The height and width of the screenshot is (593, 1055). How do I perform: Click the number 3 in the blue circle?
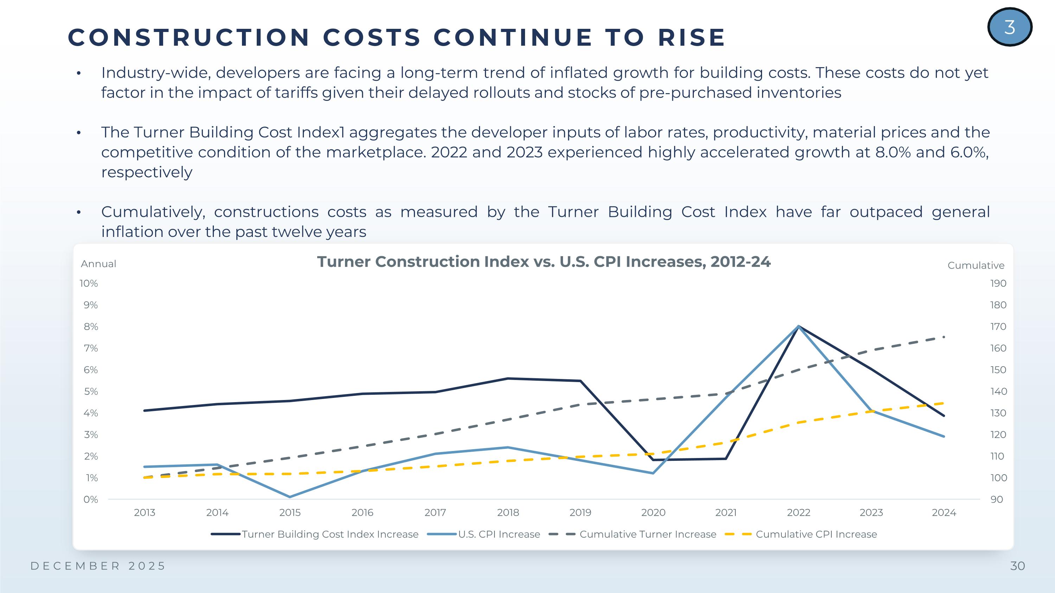[1010, 27]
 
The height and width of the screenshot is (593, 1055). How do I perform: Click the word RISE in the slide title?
[692, 38]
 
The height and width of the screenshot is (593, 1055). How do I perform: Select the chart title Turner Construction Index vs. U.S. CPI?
[543, 262]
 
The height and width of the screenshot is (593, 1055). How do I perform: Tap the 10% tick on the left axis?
[89, 283]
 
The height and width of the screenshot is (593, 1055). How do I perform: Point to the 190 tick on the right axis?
[998, 283]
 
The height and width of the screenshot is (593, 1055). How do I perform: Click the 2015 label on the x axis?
[289, 513]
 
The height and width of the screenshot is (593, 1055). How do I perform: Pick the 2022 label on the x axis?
[798, 513]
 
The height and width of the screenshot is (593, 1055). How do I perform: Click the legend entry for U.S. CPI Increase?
[499, 534]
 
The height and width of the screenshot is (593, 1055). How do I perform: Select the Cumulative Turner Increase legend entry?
[647, 534]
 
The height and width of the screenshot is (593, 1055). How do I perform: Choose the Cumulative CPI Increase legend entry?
[816, 534]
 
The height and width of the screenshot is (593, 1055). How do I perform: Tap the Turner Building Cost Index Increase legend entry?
[330, 534]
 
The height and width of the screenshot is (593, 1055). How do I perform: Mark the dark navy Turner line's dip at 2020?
[653, 459]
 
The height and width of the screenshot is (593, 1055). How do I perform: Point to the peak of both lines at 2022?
[799, 326]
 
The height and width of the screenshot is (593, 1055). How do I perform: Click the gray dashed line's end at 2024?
[944, 337]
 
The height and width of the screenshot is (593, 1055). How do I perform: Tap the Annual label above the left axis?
[98, 264]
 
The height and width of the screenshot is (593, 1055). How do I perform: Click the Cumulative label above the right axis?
[976, 266]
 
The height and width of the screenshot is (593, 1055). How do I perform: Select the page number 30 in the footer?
[1017, 566]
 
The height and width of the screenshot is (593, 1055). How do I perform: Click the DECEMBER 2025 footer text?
[98, 566]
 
